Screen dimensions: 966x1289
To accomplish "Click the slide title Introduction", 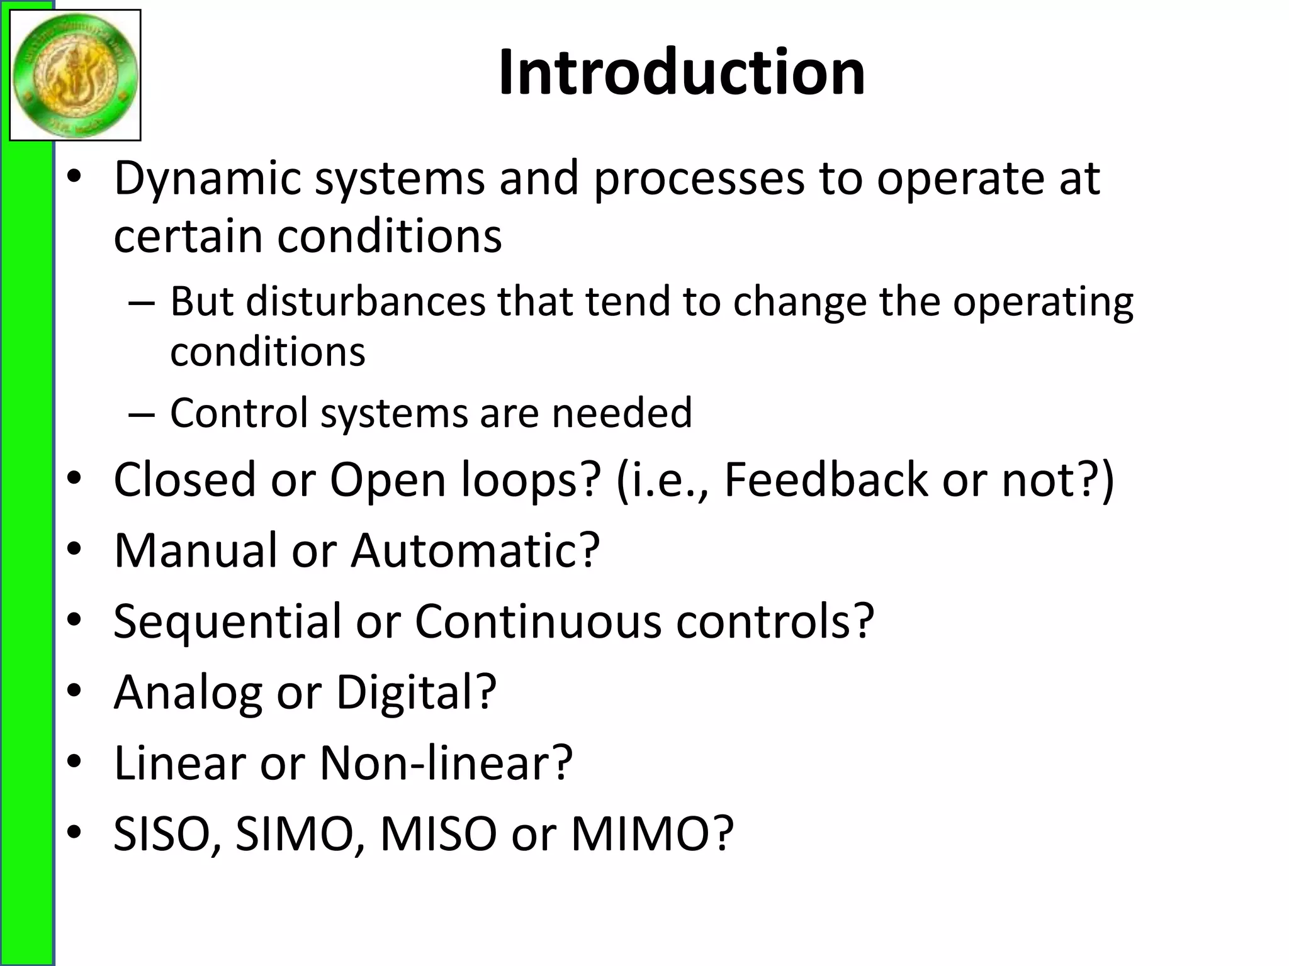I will click(682, 73).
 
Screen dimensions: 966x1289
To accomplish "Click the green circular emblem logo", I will click(75, 75).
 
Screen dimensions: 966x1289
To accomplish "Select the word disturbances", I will click(366, 301).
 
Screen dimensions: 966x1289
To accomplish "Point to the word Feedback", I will click(826, 479).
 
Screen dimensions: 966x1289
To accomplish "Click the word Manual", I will click(195, 550).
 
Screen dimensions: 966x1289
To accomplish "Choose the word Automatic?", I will click(475, 550).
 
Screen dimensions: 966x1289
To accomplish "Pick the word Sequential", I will click(227, 621).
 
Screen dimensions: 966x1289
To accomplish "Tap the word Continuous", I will click(538, 621).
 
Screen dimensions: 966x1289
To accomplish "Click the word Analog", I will click(188, 692).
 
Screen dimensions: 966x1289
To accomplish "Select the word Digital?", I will click(416, 692).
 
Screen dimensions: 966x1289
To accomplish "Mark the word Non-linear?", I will click(446, 763).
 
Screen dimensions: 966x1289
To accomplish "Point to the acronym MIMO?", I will click(652, 834).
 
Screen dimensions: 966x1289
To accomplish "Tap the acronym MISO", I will click(439, 834).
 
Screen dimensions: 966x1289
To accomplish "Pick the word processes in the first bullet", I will click(699, 179).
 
